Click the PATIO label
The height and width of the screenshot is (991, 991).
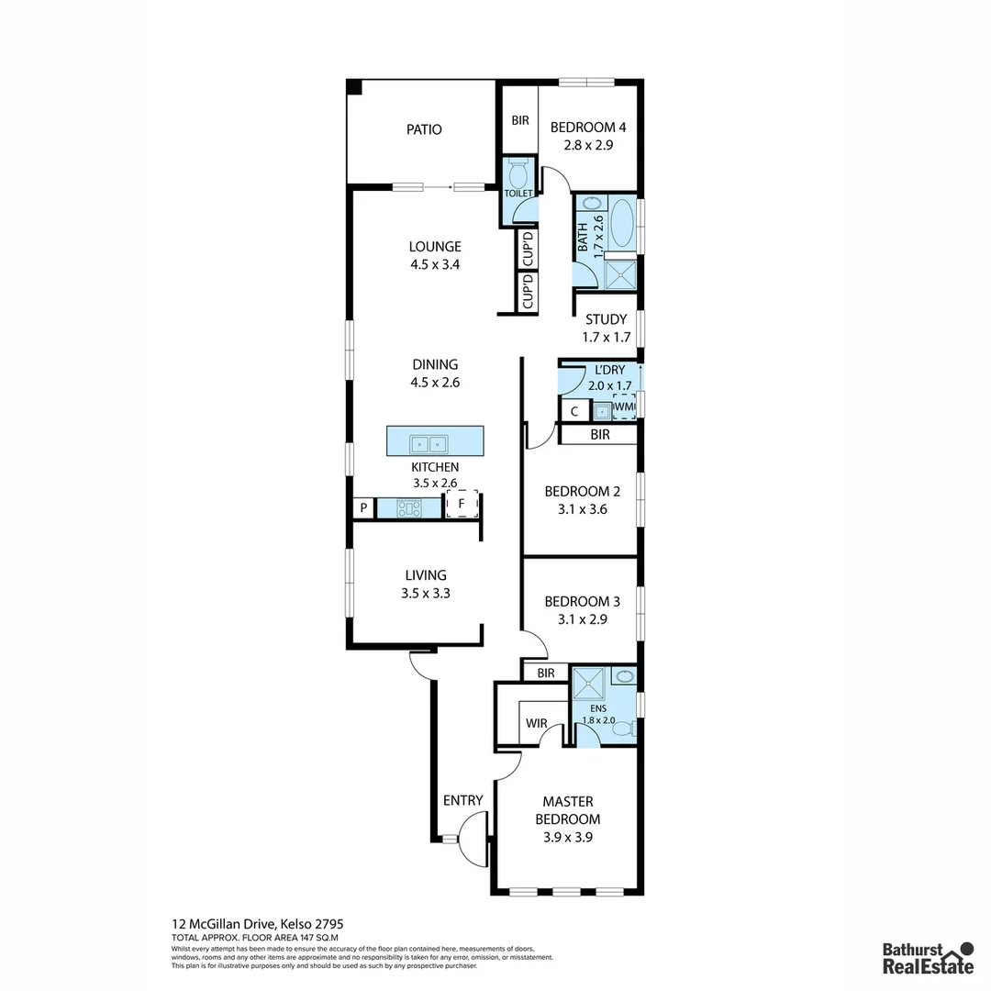(x=424, y=129)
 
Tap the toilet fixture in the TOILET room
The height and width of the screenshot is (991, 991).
(x=518, y=173)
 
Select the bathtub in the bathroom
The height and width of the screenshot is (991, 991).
(x=623, y=223)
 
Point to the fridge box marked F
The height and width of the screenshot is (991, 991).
(x=462, y=504)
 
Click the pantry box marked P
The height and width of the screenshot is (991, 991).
(x=363, y=507)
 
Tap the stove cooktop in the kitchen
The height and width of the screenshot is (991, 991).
(x=409, y=507)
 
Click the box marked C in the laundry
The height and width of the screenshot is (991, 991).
(x=574, y=411)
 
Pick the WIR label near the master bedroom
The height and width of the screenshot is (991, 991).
(x=537, y=724)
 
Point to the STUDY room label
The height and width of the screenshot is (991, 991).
(x=607, y=319)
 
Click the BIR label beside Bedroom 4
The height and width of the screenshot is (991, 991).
(x=520, y=120)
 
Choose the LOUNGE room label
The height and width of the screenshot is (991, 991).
(x=435, y=246)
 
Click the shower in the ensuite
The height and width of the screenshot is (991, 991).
(x=589, y=685)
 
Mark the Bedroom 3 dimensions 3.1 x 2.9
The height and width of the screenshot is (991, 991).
(x=582, y=619)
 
